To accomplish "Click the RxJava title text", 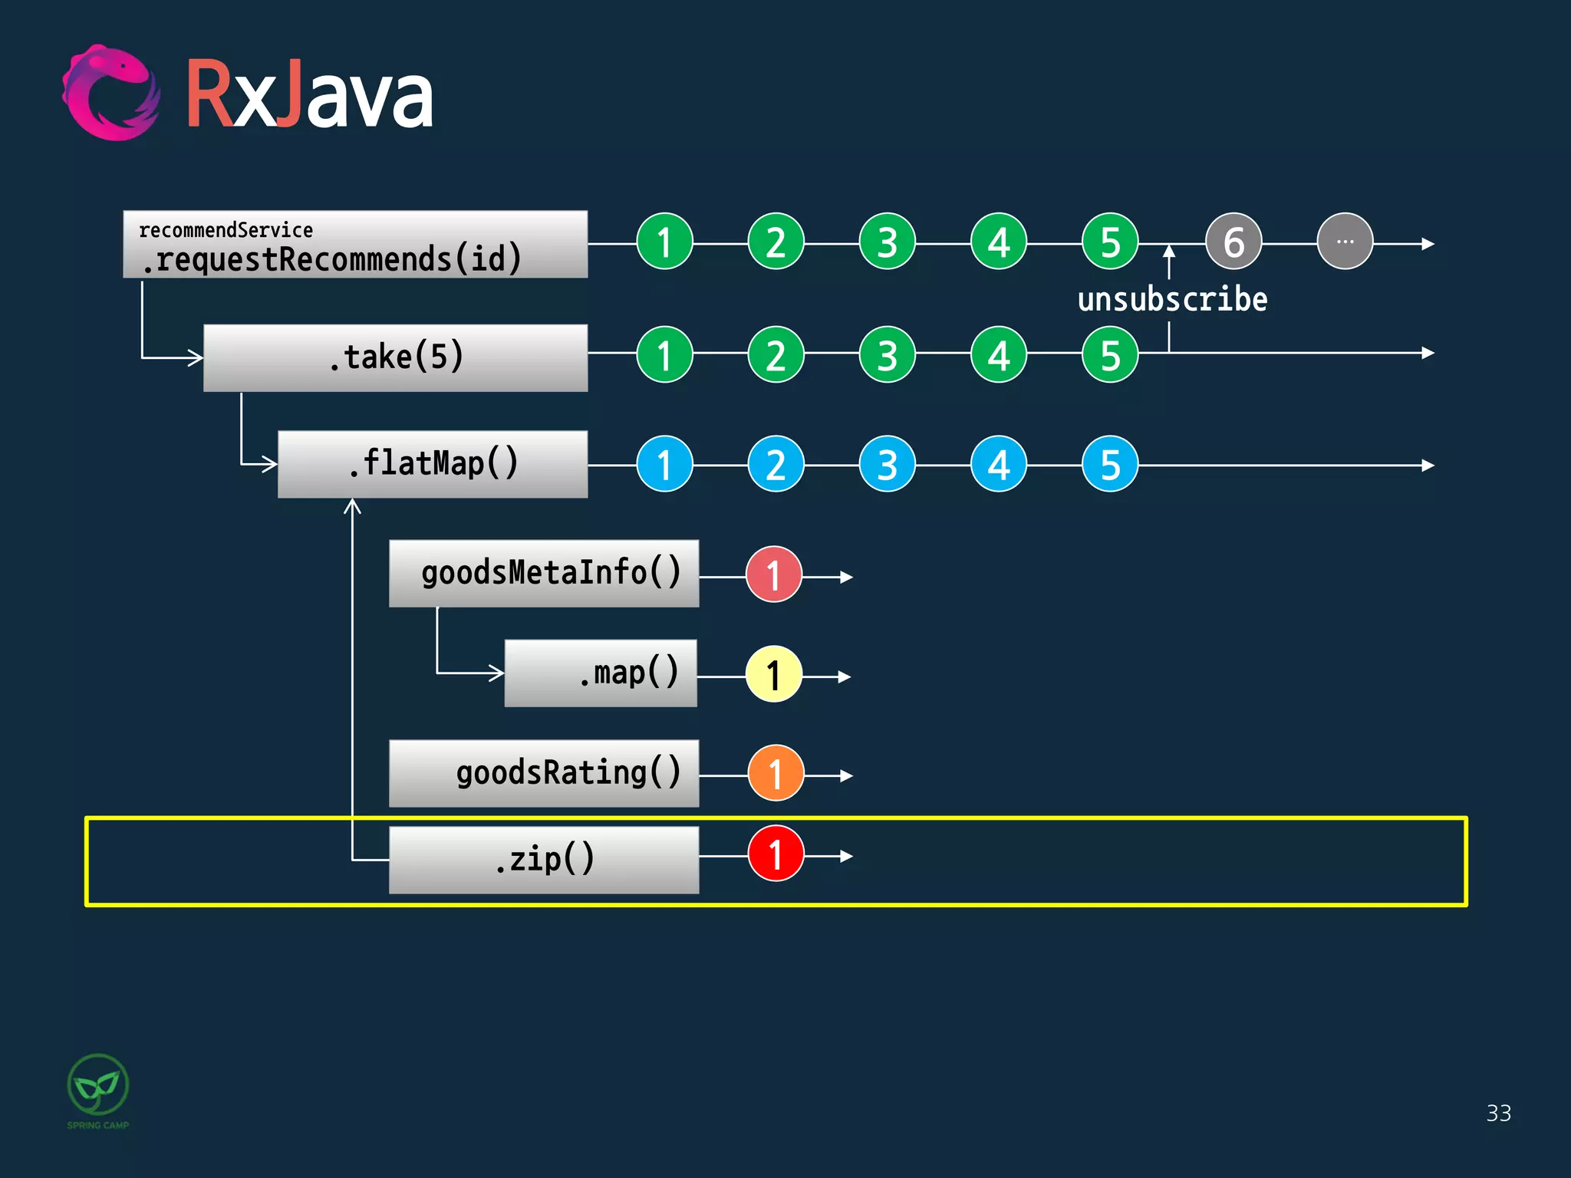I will click(309, 96).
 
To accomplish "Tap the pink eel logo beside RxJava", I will click(111, 94).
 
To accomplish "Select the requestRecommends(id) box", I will click(355, 245).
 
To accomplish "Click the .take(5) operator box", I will click(395, 357).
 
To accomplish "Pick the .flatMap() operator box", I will click(433, 464).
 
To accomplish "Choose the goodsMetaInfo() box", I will click(544, 574).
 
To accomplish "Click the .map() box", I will click(601, 673).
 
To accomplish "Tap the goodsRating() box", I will click(544, 773).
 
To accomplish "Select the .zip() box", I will click(544, 859).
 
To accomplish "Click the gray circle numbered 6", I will click(1233, 242).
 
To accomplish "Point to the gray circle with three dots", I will click(1345, 242).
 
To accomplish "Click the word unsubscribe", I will click(1172, 299).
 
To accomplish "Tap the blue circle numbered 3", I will click(888, 465).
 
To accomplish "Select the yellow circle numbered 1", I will click(774, 675).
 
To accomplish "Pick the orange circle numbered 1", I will click(776, 774).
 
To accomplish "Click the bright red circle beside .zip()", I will click(776, 854).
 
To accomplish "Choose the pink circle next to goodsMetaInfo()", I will click(774, 574).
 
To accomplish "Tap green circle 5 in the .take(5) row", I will click(1110, 355).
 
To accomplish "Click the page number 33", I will click(1498, 1113).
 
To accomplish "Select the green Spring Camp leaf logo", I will click(98, 1085).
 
